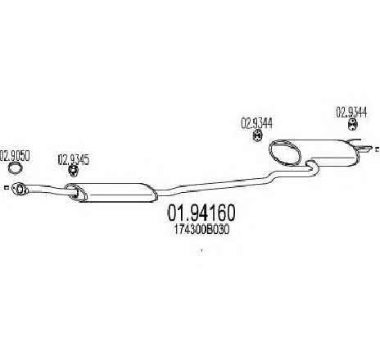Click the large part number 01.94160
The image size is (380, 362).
coord(201,213)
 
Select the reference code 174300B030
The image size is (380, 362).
coord(201,230)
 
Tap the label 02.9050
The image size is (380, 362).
coord(15,156)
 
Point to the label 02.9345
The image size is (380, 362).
coord(74,160)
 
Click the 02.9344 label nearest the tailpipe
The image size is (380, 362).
coord(351,112)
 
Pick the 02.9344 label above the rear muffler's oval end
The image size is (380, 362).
coord(256,123)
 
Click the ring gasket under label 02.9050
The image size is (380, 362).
coord(15,167)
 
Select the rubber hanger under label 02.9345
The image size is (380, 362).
coord(73,171)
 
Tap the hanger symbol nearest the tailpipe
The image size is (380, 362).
coord(353,125)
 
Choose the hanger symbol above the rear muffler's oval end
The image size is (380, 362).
coord(257,136)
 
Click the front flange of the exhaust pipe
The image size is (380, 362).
coord(19,189)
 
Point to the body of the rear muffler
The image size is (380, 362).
coord(328,153)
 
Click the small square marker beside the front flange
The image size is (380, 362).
coord(6,187)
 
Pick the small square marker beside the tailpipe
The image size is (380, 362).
coord(378,149)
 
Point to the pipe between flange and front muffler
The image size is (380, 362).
coord(47,189)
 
